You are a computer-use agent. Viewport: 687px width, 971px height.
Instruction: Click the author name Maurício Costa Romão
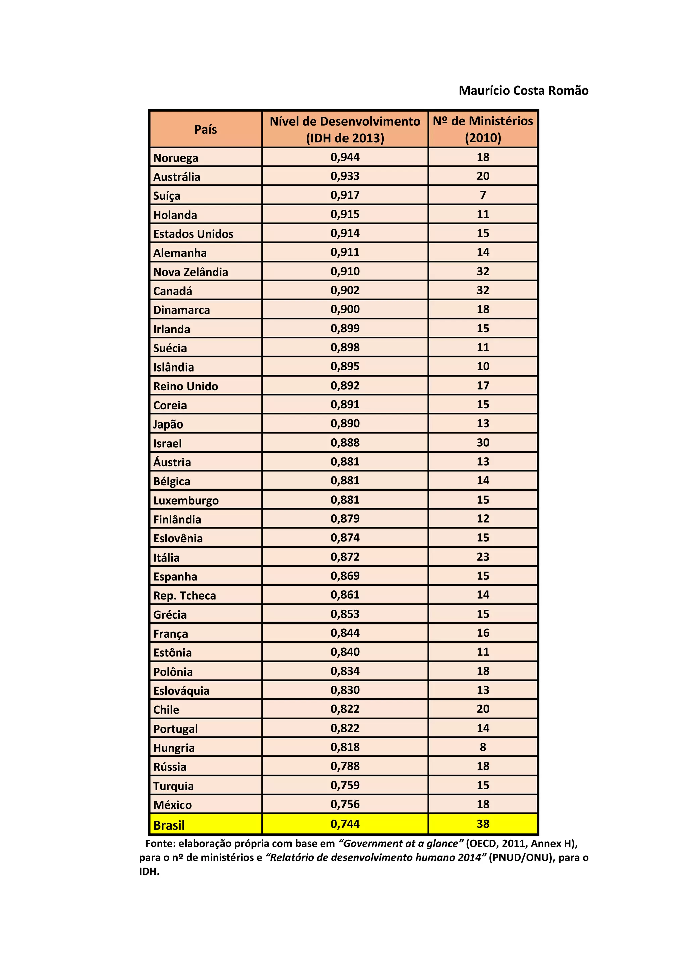523,91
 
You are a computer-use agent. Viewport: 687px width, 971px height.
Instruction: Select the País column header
206,129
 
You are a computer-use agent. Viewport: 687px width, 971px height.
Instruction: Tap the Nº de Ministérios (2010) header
483,129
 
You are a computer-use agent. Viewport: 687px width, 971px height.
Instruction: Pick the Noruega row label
175,158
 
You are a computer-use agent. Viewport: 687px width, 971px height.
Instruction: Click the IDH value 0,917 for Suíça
345,195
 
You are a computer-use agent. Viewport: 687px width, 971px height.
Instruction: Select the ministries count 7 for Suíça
483,195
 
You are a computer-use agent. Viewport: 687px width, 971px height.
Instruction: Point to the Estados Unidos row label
193,234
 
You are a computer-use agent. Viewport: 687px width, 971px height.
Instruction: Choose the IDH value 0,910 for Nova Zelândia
345,271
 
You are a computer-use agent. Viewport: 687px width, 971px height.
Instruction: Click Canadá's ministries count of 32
483,290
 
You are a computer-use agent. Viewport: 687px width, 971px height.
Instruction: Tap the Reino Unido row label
186,386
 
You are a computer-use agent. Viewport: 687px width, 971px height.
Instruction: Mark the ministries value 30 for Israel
483,442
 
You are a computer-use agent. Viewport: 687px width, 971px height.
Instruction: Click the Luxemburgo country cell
186,500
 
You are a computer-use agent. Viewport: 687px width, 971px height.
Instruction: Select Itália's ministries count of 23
483,557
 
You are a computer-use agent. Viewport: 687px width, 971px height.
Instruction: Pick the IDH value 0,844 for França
345,633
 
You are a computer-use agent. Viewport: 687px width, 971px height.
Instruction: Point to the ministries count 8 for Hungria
483,747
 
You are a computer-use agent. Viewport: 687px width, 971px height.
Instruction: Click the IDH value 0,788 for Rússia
345,766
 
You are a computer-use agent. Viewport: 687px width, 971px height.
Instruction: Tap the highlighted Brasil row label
169,825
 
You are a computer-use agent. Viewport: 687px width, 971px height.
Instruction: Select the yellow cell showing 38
483,824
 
